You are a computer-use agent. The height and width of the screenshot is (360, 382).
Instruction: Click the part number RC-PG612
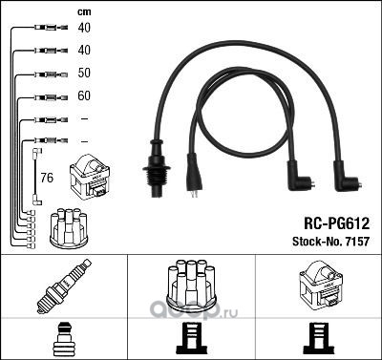(x=337, y=223)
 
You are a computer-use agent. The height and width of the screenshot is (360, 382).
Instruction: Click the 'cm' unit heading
(x=84, y=12)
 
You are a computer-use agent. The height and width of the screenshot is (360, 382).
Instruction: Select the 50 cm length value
(x=84, y=73)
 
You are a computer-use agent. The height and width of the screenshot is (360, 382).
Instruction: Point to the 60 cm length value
(x=84, y=95)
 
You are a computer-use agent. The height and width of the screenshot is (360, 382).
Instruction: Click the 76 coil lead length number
(x=47, y=178)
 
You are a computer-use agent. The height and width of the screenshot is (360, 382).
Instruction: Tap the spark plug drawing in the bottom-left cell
(x=64, y=286)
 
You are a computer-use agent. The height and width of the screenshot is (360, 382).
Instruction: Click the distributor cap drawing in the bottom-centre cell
(x=191, y=285)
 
